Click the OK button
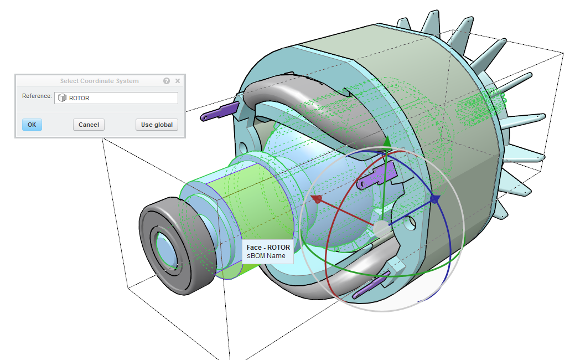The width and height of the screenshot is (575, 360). point(32,125)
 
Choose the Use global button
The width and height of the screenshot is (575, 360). point(157,125)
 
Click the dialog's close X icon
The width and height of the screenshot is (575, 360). point(178,81)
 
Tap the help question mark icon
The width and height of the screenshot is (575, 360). point(167,81)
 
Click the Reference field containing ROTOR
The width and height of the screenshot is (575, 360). point(116,98)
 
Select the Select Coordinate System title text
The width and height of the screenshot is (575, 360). point(100,81)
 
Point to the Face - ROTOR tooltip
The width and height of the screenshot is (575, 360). point(268,252)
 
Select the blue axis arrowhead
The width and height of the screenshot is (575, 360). point(435,199)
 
